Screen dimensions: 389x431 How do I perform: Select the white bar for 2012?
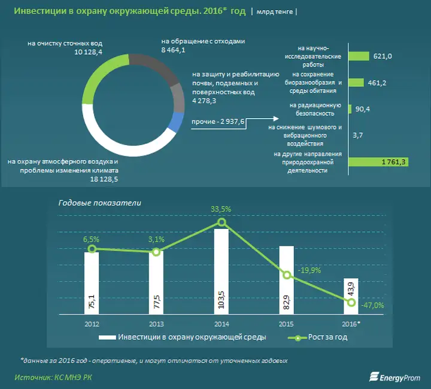point(92,282)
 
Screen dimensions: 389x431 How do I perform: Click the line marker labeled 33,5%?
point(221,222)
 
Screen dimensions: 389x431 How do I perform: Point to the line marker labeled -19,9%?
point(287,275)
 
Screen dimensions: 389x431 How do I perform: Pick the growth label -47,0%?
point(372,305)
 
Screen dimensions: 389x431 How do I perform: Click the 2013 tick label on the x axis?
point(156,323)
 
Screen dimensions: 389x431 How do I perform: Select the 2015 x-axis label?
point(286,323)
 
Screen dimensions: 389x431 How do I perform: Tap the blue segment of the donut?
point(176,122)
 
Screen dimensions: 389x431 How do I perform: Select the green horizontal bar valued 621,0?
point(358,56)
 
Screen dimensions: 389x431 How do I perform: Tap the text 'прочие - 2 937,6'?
point(218,122)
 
